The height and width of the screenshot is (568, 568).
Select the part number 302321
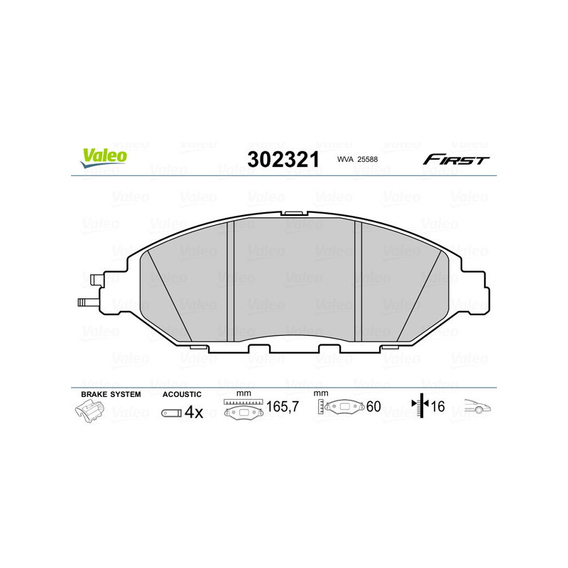(x=283, y=160)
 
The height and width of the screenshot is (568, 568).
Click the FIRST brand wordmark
(x=456, y=160)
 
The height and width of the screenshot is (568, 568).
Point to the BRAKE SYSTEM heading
(x=111, y=394)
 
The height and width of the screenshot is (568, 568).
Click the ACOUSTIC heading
(x=182, y=394)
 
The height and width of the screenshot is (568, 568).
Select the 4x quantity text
(x=194, y=412)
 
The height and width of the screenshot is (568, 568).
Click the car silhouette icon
(x=478, y=408)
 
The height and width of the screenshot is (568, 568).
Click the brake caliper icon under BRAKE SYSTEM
(x=91, y=412)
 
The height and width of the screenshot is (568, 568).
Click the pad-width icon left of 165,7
(x=244, y=410)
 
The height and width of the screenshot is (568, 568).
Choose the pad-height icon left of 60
(x=342, y=408)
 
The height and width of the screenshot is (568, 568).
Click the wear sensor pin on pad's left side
(x=87, y=302)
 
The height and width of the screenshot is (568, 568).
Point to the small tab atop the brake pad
(x=294, y=212)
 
